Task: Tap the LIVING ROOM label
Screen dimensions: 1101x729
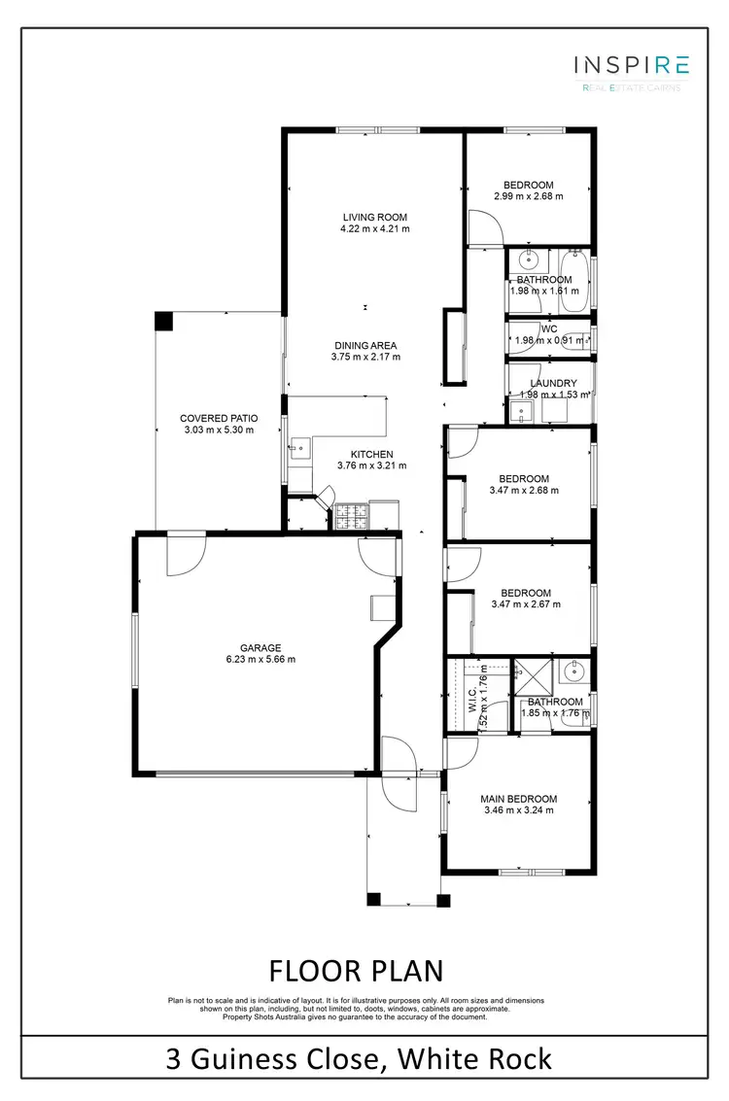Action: [x=374, y=217]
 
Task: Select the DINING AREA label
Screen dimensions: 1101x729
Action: [x=365, y=345]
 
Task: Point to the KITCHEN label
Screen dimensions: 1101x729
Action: [x=371, y=454]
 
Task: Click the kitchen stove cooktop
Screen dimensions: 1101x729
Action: [x=350, y=516]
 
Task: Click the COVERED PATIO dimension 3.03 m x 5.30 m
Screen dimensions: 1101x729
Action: [x=218, y=430]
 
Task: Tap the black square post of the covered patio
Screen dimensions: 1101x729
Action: [x=163, y=321]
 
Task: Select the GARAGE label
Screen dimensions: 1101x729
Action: [x=260, y=648]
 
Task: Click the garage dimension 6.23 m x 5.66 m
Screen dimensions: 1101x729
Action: [x=260, y=660]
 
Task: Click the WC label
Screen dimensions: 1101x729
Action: [x=549, y=328]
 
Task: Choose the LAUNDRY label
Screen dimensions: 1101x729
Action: [x=554, y=384]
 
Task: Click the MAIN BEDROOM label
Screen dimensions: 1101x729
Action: [x=517, y=800]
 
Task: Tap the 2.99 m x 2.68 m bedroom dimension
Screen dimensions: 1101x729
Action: [x=528, y=196]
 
